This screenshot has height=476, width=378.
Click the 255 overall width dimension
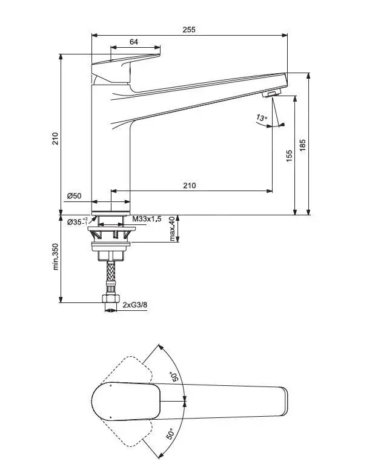click(x=189, y=30)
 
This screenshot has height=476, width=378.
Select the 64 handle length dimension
click(x=134, y=42)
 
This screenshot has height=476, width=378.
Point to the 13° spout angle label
click(x=262, y=117)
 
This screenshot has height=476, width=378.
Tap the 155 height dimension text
click(x=289, y=155)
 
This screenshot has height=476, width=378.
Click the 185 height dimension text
click(x=303, y=146)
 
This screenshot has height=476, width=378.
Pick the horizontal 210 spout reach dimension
click(x=190, y=185)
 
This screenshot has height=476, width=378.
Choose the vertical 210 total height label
click(x=55, y=139)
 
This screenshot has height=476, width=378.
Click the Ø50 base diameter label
click(x=74, y=196)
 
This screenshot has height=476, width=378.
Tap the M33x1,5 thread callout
click(x=147, y=219)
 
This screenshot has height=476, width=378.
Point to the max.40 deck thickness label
click(x=173, y=229)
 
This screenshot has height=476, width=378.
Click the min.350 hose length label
click(x=55, y=256)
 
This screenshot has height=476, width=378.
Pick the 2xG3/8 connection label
click(x=135, y=305)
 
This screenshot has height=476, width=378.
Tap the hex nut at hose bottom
click(x=111, y=298)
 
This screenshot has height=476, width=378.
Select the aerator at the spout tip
click(x=272, y=94)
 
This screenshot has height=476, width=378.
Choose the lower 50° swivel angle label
click(x=171, y=434)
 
